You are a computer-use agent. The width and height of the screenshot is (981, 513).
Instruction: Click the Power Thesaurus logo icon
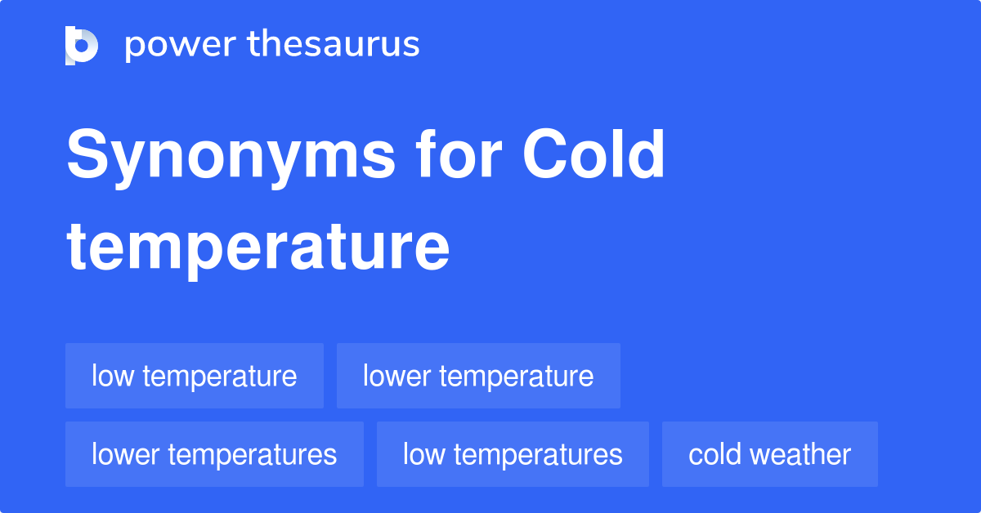(x=82, y=45)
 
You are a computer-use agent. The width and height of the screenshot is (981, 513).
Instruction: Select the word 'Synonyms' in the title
(x=230, y=157)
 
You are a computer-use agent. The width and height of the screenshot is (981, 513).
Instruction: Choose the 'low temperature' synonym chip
(x=195, y=376)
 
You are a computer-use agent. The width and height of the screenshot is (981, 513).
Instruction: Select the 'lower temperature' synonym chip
(x=478, y=376)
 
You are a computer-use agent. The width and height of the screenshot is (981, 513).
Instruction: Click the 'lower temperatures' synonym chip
(x=214, y=454)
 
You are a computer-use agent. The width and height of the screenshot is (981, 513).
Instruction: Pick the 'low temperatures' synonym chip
(x=513, y=454)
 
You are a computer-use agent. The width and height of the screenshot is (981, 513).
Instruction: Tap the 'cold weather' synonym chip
(x=769, y=454)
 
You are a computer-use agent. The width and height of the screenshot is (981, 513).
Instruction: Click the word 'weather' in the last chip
(x=803, y=454)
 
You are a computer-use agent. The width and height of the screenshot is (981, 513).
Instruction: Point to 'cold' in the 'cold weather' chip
(x=716, y=454)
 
